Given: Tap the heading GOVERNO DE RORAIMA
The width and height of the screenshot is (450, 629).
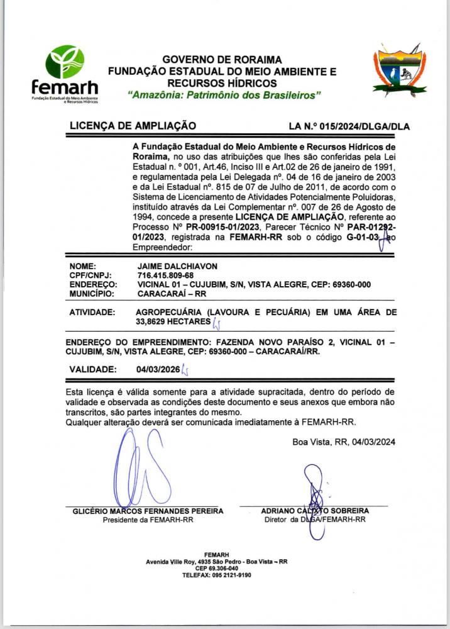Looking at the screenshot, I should [x=222, y=60].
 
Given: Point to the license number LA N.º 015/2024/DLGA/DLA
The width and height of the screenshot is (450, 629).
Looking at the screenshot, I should [x=349, y=126].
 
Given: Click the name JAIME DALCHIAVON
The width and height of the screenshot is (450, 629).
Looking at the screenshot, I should [x=175, y=267].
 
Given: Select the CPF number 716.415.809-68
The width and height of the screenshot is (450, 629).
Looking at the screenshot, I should [x=165, y=276].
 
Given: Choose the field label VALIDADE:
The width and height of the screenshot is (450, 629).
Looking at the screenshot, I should [x=92, y=369].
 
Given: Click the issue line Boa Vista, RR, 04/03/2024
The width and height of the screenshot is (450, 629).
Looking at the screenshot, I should [x=344, y=442].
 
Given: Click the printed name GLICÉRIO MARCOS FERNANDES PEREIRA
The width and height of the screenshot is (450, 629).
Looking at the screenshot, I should [x=148, y=511].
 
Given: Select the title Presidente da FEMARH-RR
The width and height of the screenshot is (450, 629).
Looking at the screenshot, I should [x=148, y=520].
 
